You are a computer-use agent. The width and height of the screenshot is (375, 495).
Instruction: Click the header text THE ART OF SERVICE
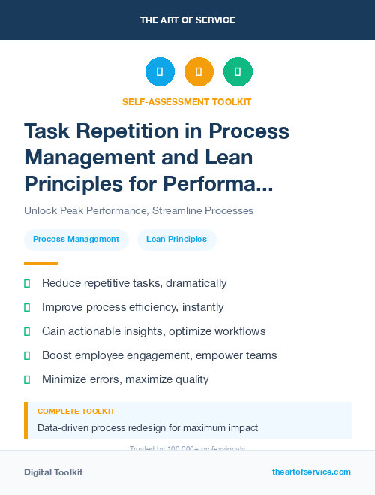tap(187, 20)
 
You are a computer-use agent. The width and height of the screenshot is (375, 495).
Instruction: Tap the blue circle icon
tap(160, 71)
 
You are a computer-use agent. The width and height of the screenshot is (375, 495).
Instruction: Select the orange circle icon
tap(199, 71)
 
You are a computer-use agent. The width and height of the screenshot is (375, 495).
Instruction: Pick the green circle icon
tap(238, 71)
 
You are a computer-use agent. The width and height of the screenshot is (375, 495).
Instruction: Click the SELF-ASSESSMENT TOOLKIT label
tap(187, 101)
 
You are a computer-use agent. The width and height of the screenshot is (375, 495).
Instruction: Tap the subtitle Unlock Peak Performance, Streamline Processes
tap(139, 210)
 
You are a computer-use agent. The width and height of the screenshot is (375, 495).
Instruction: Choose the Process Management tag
tap(76, 240)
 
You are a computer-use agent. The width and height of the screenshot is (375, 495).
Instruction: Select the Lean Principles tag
tap(176, 240)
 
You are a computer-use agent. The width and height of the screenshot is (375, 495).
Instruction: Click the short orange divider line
tap(40, 263)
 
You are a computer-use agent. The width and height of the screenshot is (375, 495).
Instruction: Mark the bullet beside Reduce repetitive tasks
tap(27, 284)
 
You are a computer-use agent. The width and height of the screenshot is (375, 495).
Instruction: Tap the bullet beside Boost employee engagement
tap(27, 355)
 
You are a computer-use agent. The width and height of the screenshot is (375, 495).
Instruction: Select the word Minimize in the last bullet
tap(64, 379)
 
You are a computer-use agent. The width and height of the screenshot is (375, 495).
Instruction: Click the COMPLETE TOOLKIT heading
tap(76, 412)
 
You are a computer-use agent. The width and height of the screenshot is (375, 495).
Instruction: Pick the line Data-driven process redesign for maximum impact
tap(148, 428)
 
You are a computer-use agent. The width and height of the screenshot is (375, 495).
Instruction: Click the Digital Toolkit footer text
tap(53, 472)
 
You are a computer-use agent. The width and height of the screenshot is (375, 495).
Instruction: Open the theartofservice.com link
tap(311, 472)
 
